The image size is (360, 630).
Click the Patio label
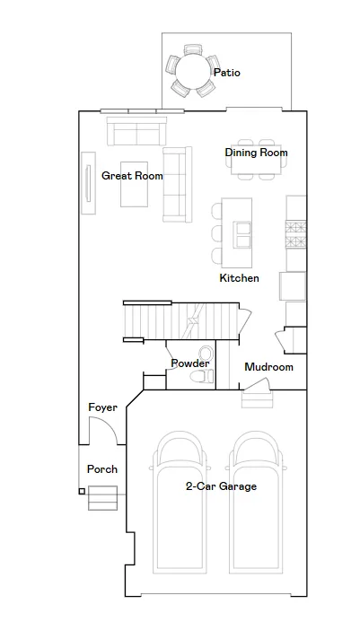[x=226, y=73]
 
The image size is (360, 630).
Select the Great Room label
[x=132, y=176]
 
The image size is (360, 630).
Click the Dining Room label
[x=257, y=153]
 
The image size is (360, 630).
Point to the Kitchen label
[x=239, y=278]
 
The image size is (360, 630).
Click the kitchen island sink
[x=242, y=234]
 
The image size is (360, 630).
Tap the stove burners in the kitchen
[x=295, y=234]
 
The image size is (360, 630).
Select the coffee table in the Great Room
[x=134, y=184]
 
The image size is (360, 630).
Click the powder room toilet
[x=202, y=376]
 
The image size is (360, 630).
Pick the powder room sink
[x=206, y=354]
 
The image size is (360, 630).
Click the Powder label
[x=190, y=363]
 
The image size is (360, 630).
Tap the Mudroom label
[x=268, y=367]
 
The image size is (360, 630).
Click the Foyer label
[x=103, y=407]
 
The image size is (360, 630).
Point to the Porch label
[x=102, y=469]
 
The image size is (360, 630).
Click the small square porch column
[x=82, y=491]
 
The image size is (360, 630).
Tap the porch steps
[x=103, y=498]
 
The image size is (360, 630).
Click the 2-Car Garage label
[x=221, y=486]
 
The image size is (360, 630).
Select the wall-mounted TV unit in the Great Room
[x=88, y=183]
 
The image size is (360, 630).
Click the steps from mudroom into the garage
[x=257, y=399]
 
